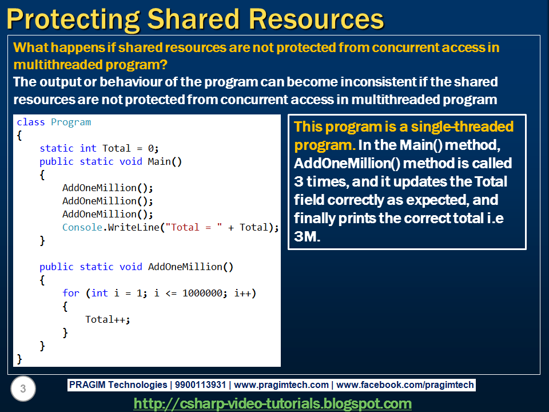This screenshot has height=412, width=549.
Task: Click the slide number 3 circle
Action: click(x=23, y=390)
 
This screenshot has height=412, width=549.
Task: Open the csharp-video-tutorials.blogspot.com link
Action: click(x=272, y=403)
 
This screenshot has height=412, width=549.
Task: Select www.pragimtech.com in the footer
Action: click(x=281, y=385)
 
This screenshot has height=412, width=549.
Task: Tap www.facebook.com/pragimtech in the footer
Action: click(x=405, y=385)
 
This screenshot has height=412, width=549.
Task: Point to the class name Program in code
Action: click(x=71, y=122)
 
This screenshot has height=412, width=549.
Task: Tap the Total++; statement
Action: click(x=108, y=320)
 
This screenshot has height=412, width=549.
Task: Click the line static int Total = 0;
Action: click(x=99, y=149)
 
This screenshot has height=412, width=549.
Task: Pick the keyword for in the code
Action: click(x=71, y=294)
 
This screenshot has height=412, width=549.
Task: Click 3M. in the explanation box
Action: click(x=308, y=236)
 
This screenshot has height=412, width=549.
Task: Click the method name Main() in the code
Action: click(x=165, y=162)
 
